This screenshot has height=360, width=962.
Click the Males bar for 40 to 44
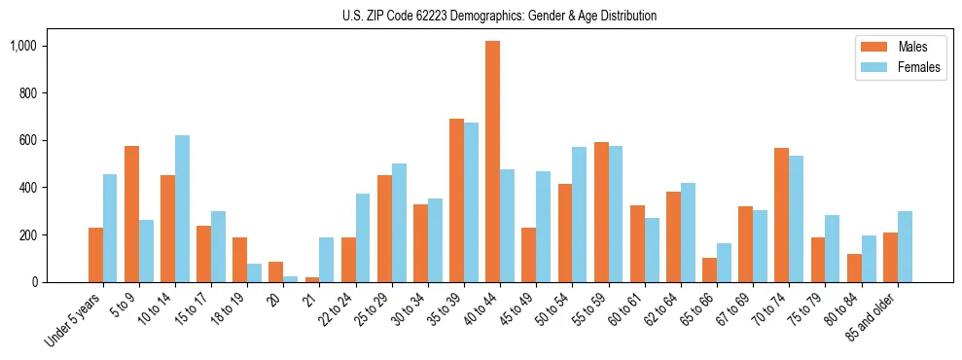[x=493, y=162]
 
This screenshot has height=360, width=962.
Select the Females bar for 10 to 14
[x=183, y=209]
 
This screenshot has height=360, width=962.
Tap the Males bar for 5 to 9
[x=132, y=214]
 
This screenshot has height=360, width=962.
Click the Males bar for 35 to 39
[x=457, y=200]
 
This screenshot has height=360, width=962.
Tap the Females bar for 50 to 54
[x=580, y=215]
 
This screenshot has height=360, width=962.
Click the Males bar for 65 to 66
[x=709, y=270]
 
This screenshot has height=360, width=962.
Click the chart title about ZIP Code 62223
[x=499, y=16]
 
